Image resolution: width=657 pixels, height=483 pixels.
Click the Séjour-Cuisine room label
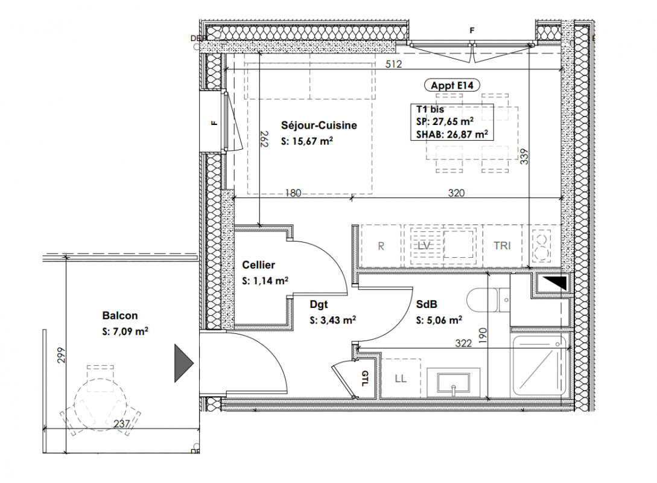point(319,125)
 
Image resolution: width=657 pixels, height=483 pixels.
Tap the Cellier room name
point(259,265)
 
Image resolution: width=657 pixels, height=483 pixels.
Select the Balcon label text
point(120,316)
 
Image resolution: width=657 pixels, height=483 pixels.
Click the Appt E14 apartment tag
point(452,86)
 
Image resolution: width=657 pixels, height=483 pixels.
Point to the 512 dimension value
point(393,64)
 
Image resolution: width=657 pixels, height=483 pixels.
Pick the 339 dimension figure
point(524,156)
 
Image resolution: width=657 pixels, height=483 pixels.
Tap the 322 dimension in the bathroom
point(463,343)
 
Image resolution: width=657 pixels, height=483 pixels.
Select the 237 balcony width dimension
point(121,423)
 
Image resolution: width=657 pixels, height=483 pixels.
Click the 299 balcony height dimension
point(61,355)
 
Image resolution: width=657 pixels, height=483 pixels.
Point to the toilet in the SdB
point(487,300)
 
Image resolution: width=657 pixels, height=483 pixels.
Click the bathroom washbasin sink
point(454,382)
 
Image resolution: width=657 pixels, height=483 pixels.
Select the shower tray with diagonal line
point(540,366)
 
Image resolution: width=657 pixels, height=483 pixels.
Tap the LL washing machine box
point(401,379)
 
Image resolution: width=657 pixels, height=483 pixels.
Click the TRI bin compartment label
point(502,246)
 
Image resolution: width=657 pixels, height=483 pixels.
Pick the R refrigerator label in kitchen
point(381,246)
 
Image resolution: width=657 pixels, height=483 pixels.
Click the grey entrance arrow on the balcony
point(184,363)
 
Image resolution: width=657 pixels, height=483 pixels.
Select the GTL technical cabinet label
point(365,378)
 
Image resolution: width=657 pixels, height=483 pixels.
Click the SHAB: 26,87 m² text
point(452,135)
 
